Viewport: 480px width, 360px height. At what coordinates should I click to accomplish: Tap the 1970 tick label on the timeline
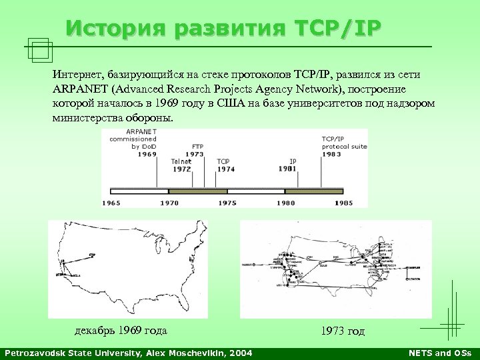[169, 202]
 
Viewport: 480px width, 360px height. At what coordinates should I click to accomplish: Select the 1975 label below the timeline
[227, 202]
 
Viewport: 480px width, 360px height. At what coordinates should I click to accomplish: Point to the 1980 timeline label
[285, 202]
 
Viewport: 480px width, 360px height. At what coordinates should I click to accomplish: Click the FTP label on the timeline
[198, 145]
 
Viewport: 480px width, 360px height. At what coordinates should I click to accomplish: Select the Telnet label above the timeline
[181, 161]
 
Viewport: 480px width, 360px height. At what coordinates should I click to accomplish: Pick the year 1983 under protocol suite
[331, 154]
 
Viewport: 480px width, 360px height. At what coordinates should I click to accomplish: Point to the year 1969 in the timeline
[147, 154]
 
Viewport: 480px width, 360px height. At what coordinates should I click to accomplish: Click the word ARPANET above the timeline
[141, 131]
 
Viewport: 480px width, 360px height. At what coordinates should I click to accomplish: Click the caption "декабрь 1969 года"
[120, 331]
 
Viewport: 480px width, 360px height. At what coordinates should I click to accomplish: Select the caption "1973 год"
[343, 331]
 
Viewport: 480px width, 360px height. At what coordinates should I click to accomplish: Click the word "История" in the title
[117, 28]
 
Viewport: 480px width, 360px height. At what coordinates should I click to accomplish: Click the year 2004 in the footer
[239, 353]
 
